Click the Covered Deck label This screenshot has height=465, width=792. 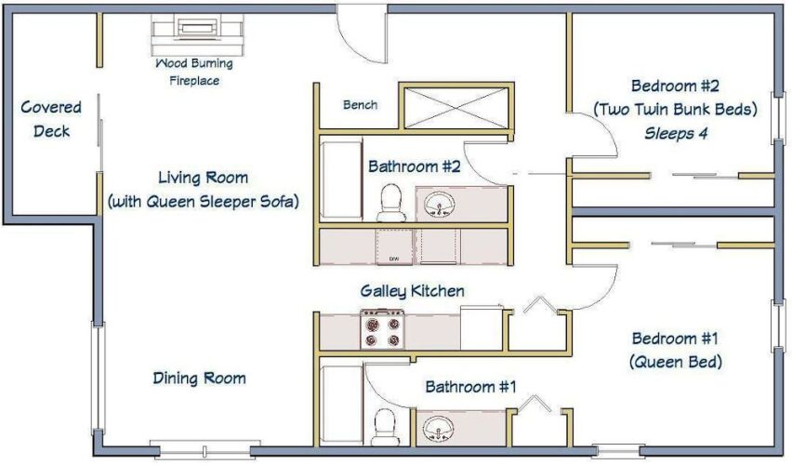[51, 119]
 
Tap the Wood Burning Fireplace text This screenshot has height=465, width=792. [194, 72]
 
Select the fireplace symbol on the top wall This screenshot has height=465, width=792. [197, 34]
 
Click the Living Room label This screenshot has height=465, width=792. [203, 190]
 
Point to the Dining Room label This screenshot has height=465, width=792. [200, 379]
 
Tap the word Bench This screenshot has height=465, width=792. [360, 104]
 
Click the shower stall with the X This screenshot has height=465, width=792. [456, 108]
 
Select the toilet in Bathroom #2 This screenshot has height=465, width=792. [390, 203]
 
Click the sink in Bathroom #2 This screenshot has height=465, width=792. [439, 206]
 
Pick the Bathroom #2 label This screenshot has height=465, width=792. [415, 166]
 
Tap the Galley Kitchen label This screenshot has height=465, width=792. [412, 291]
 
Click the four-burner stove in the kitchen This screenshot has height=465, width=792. [382, 329]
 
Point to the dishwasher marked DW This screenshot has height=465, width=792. [394, 246]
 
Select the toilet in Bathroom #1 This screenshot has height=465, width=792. [385, 427]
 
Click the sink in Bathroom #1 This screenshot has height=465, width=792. [439, 429]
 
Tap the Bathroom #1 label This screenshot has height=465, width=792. [470, 387]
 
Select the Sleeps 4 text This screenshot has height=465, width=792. [676, 133]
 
